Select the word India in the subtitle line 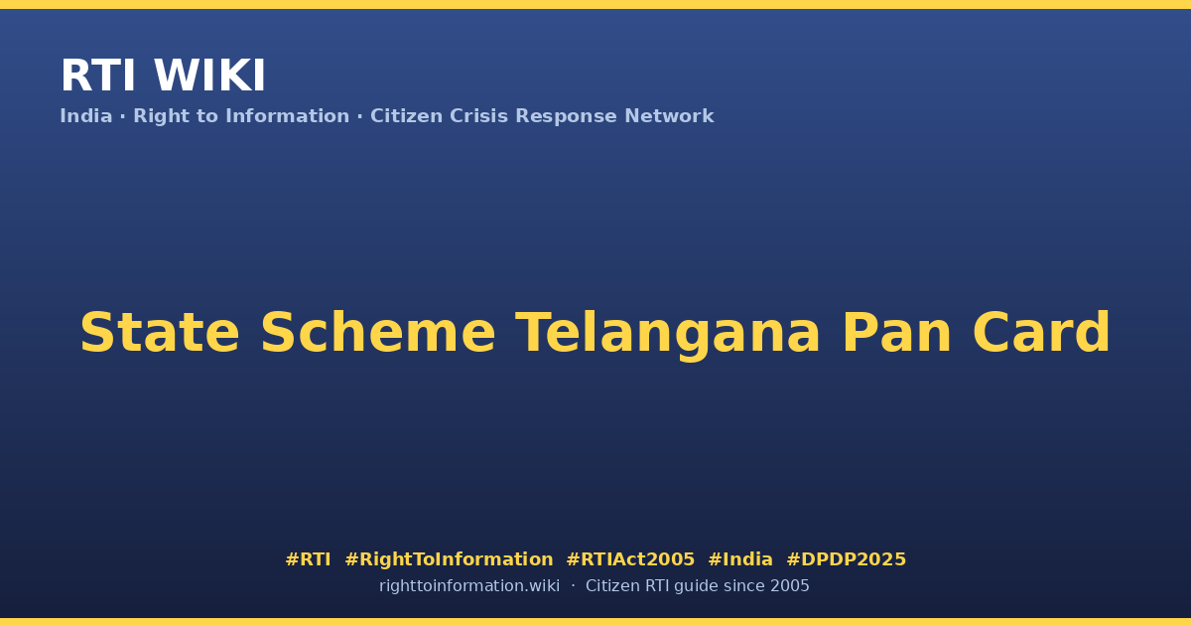coord(86,116)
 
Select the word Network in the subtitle coord(669,116)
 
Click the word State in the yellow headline coord(160,333)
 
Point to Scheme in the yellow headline coord(378,333)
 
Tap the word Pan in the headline coord(896,333)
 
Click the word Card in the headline coord(1041,333)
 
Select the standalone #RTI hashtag coord(308,559)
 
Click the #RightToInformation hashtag coord(449,560)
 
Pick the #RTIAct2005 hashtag coord(630,559)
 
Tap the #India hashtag coord(740,559)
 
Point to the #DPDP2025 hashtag coord(846,559)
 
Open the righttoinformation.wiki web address coord(469,586)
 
